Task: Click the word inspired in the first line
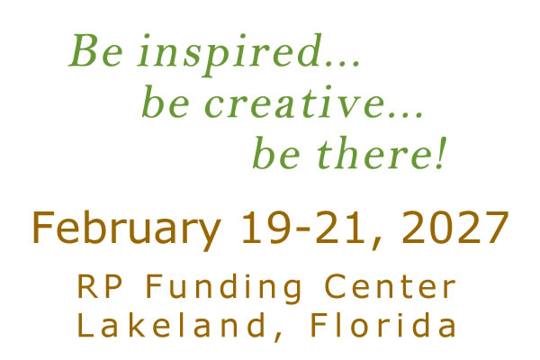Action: (x=229, y=54)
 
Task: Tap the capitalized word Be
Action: (x=95, y=50)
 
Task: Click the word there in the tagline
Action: (x=374, y=153)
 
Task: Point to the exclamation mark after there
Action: (x=441, y=153)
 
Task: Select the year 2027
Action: (x=454, y=228)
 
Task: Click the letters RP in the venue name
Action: (x=100, y=286)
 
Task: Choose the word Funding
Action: (x=224, y=289)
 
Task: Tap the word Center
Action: (x=391, y=286)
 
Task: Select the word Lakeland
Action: (x=171, y=325)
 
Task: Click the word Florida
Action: (x=384, y=325)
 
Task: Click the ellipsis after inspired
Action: (x=343, y=63)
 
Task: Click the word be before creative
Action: (x=166, y=102)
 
